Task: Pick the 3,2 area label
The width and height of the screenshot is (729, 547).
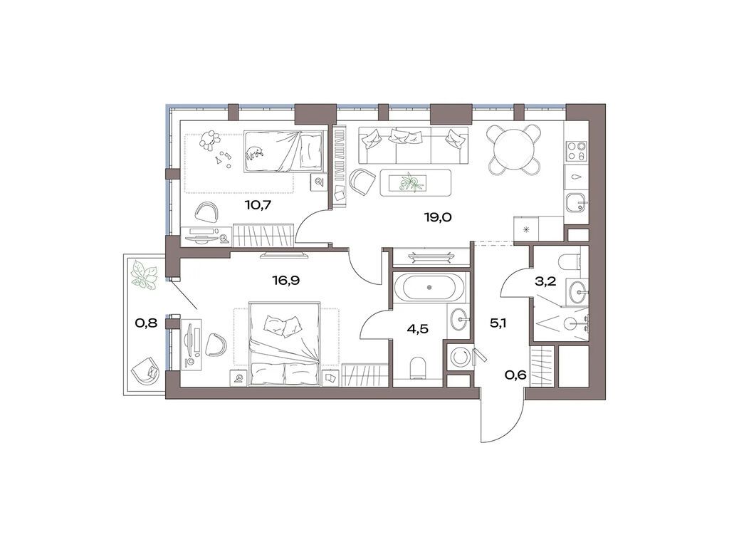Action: [x=545, y=281]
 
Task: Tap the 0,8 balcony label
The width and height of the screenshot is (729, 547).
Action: [x=146, y=322]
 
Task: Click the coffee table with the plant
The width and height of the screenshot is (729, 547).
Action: [x=415, y=183]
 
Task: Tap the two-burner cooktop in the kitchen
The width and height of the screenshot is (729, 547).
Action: [x=575, y=151]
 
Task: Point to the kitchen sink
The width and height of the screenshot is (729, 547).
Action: [x=575, y=203]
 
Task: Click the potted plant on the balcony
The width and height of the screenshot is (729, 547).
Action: [x=145, y=276]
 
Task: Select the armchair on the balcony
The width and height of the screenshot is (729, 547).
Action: [x=147, y=370]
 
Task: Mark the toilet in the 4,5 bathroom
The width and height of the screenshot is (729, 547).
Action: [x=419, y=368]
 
